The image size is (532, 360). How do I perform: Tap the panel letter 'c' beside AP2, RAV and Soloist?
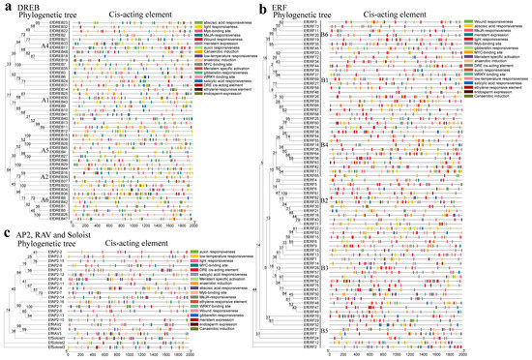7,234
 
